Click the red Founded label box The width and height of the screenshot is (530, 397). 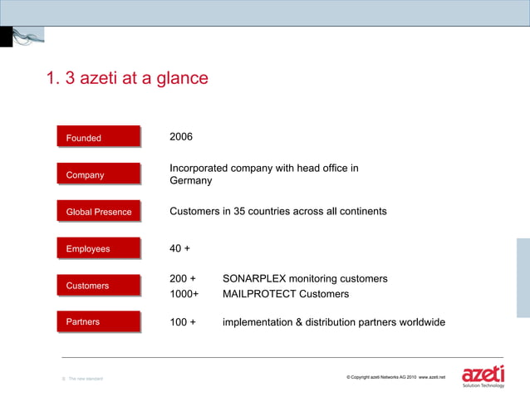pos(98,138)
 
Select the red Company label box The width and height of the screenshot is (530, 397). pos(98,174)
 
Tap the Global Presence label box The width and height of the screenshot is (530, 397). pos(98,212)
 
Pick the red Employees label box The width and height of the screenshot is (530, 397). pos(98,248)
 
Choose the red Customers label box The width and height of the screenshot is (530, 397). pos(98,286)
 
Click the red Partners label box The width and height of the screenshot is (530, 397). pos(98,321)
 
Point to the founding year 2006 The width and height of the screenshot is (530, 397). pos(181,136)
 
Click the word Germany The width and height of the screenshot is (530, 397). pos(191,181)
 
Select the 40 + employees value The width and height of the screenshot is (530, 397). pos(180,248)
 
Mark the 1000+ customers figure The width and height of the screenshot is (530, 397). pos(184,294)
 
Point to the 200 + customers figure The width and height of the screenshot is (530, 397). pos(183,278)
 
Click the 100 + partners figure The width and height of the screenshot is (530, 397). pos(183,322)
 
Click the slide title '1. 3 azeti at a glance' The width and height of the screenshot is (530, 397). pos(127,79)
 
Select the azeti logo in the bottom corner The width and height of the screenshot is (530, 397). pos(483,375)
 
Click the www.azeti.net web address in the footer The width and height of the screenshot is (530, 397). pos(432,378)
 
